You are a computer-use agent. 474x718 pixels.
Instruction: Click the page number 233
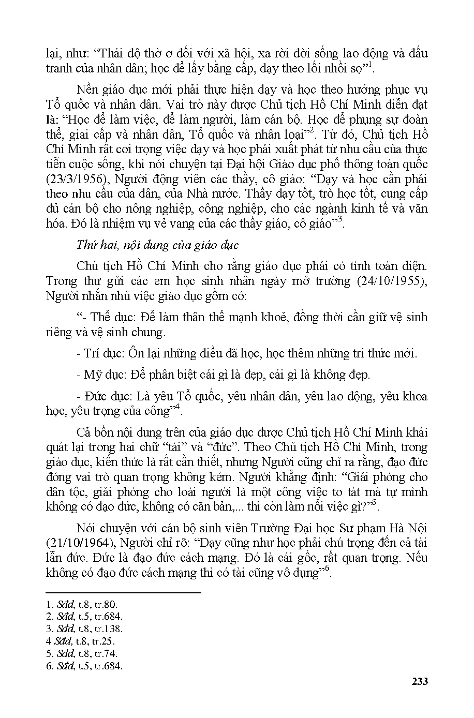point(419,681)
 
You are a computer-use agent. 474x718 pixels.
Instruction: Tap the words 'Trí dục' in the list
point(102,354)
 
